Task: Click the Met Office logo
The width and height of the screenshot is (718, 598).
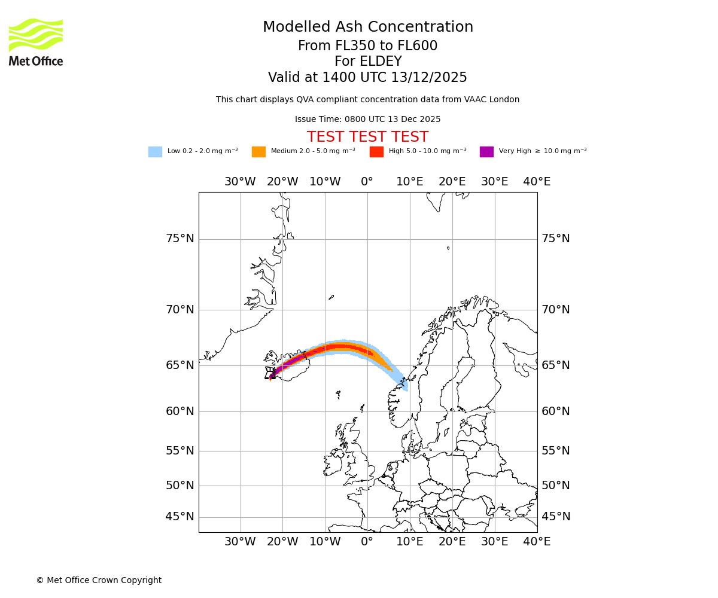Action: coord(36,42)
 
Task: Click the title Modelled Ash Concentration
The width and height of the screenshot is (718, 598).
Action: coord(368,27)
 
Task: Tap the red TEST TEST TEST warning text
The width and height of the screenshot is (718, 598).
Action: coord(367,137)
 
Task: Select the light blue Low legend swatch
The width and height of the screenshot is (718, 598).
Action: coord(155,152)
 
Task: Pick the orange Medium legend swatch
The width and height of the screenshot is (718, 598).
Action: coord(258,152)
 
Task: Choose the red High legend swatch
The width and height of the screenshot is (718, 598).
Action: coord(376,152)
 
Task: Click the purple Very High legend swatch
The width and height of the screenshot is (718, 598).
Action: coord(486,152)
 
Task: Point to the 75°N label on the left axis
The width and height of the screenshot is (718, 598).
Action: coord(180,239)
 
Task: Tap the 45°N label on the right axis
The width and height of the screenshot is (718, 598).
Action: coord(555,517)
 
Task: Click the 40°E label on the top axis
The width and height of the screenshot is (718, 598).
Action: coord(537,182)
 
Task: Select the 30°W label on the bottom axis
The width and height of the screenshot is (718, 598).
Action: coord(240,542)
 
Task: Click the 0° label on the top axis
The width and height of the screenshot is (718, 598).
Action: coord(367,182)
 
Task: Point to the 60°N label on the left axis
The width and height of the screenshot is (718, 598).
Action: coord(180,411)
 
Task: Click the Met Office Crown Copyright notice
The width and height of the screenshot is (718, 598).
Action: coord(99,580)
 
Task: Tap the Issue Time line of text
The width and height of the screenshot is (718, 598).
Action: coord(367,119)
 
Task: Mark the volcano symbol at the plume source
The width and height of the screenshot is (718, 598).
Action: coord(270,374)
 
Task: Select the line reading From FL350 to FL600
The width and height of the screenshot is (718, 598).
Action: coord(367,46)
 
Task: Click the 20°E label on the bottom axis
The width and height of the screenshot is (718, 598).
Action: coord(452,542)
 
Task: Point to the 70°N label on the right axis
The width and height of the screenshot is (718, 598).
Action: coord(555,310)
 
